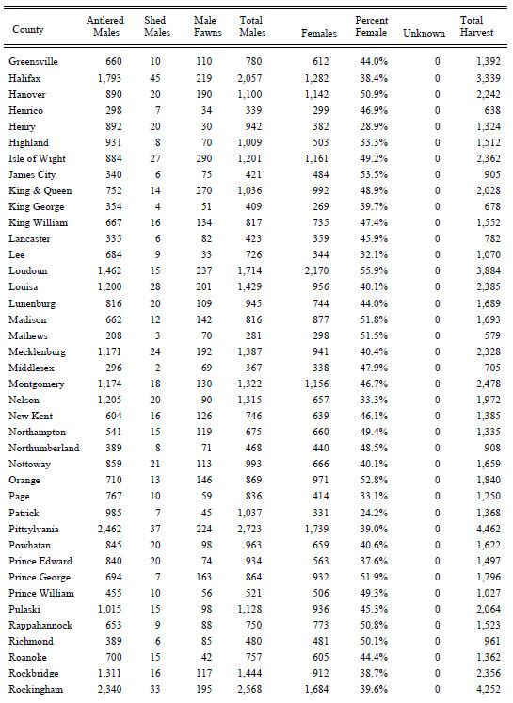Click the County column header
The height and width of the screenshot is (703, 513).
pos(27,30)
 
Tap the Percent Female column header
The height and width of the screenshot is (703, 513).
pos(371,26)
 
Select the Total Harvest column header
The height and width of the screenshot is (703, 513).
pos(471,26)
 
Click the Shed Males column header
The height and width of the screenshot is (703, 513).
pos(155,26)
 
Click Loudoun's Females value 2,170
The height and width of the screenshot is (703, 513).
pos(321,271)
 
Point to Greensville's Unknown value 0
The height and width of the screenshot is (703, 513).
pos(437,62)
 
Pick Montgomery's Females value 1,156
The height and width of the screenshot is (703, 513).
pos(321,384)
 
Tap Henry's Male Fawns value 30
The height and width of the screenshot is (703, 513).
pos(205,126)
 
